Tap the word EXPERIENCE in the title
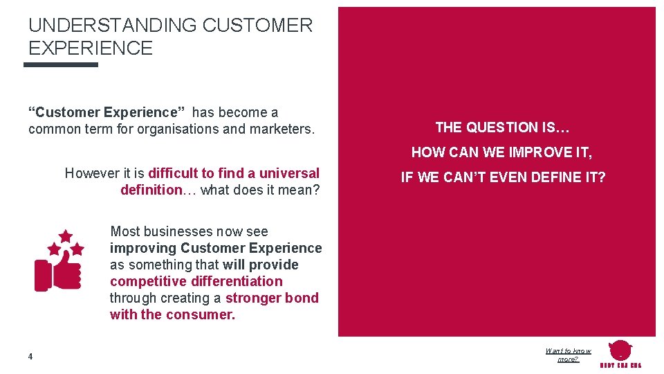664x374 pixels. pyautogui.click(x=91, y=48)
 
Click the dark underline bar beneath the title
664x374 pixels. pyautogui.click(x=61, y=65)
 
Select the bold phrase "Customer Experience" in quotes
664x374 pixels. pyautogui.click(x=107, y=112)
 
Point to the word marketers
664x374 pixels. pyautogui.click(x=282, y=129)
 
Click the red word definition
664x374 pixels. pyautogui.click(x=150, y=190)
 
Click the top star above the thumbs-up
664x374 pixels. pyautogui.click(x=66, y=236)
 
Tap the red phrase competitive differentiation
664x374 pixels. pyautogui.click(x=196, y=281)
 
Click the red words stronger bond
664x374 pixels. pyautogui.click(x=272, y=298)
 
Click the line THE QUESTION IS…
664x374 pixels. pyautogui.click(x=503, y=127)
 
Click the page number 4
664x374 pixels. pyautogui.click(x=30, y=357)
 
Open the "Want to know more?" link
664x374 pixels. pyautogui.click(x=568, y=355)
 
